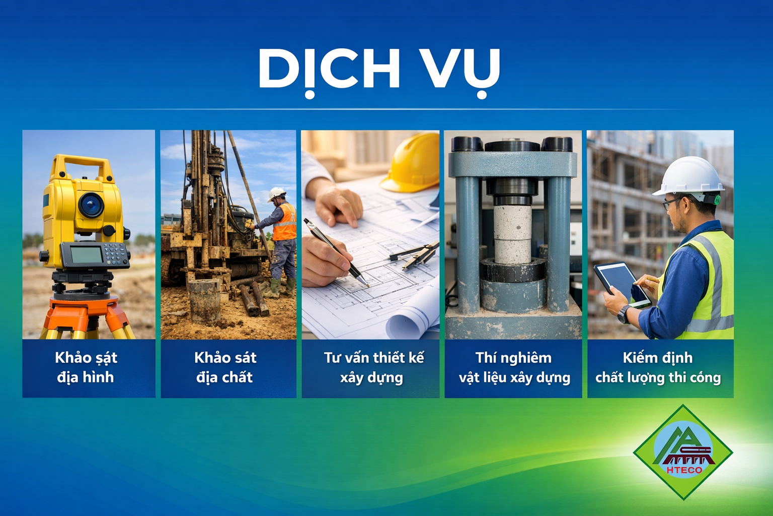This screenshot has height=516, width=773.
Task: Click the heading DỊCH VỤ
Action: [379, 69]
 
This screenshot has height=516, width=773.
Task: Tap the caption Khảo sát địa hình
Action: [86, 367]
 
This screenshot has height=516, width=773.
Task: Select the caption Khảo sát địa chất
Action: [225, 367]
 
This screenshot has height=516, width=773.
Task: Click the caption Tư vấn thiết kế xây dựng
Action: [373, 367]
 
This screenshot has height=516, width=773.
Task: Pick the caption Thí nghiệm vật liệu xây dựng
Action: [514, 367]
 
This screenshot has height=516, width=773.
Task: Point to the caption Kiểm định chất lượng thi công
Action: [658, 367]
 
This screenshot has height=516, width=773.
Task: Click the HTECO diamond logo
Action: [683, 452]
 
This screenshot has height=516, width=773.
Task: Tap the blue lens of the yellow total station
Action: [92, 205]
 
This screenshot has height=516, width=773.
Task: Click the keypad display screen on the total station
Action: [86, 254]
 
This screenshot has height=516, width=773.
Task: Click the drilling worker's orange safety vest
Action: [285, 223]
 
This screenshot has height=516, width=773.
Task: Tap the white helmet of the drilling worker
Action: [276, 194]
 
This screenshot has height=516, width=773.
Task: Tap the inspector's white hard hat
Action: [689, 176]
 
